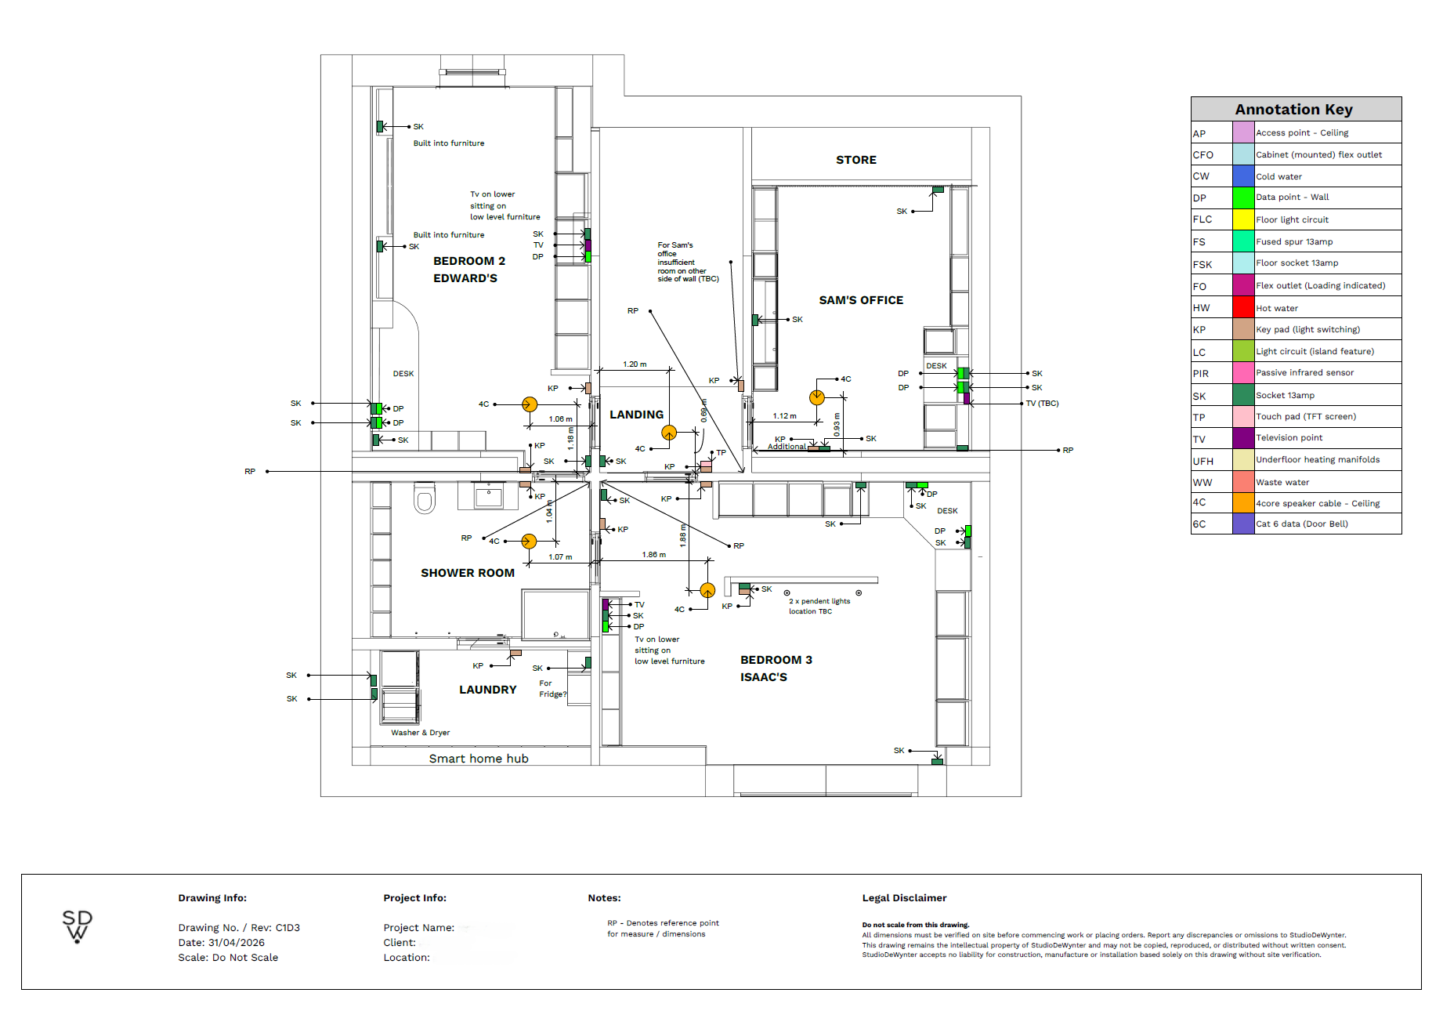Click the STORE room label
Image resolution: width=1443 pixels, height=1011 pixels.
[x=855, y=160]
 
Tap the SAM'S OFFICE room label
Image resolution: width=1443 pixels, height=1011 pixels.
[x=861, y=300]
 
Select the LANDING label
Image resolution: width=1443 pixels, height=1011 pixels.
[x=636, y=415]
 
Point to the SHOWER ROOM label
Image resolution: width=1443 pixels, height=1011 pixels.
[x=468, y=573]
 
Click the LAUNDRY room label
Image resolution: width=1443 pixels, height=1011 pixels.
[x=488, y=690]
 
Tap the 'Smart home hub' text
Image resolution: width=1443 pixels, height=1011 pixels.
[x=479, y=759]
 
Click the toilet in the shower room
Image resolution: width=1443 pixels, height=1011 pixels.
[x=425, y=498]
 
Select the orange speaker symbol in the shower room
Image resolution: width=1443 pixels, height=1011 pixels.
[x=529, y=541]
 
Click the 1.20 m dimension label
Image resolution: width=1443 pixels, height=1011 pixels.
[x=635, y=364]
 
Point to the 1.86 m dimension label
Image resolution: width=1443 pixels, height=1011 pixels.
[x=654, y=555]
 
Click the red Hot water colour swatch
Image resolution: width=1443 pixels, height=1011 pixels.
[x=1243, y=307]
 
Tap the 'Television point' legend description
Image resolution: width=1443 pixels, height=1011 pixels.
[x=1289, y=438]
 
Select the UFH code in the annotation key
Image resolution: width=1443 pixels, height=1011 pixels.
[x=1202, y=462]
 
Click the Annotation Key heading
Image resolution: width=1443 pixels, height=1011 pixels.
[x=1293, y=110]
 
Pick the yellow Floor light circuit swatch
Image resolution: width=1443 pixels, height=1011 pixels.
[x=1243, y=219]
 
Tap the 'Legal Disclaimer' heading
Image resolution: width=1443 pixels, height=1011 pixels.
[x=904, y=898]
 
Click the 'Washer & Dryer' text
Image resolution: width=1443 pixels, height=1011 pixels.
[x=421, y=733]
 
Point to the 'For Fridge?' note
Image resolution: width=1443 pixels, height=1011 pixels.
[x=552, y=689]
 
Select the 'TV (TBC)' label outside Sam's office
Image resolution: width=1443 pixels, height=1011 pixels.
[x=1042, y=404]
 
